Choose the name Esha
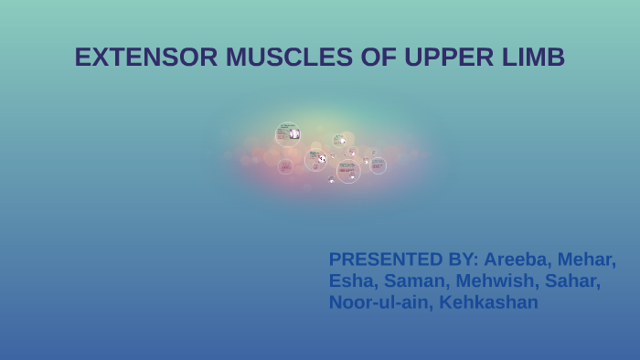(351, 281)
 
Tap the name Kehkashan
(489, 302)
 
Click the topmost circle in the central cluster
(288, 134)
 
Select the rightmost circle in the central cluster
(377, 165)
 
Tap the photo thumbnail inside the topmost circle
(294, 134)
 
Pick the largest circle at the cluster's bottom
(347, 170)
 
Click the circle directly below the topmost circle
(286, 166)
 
